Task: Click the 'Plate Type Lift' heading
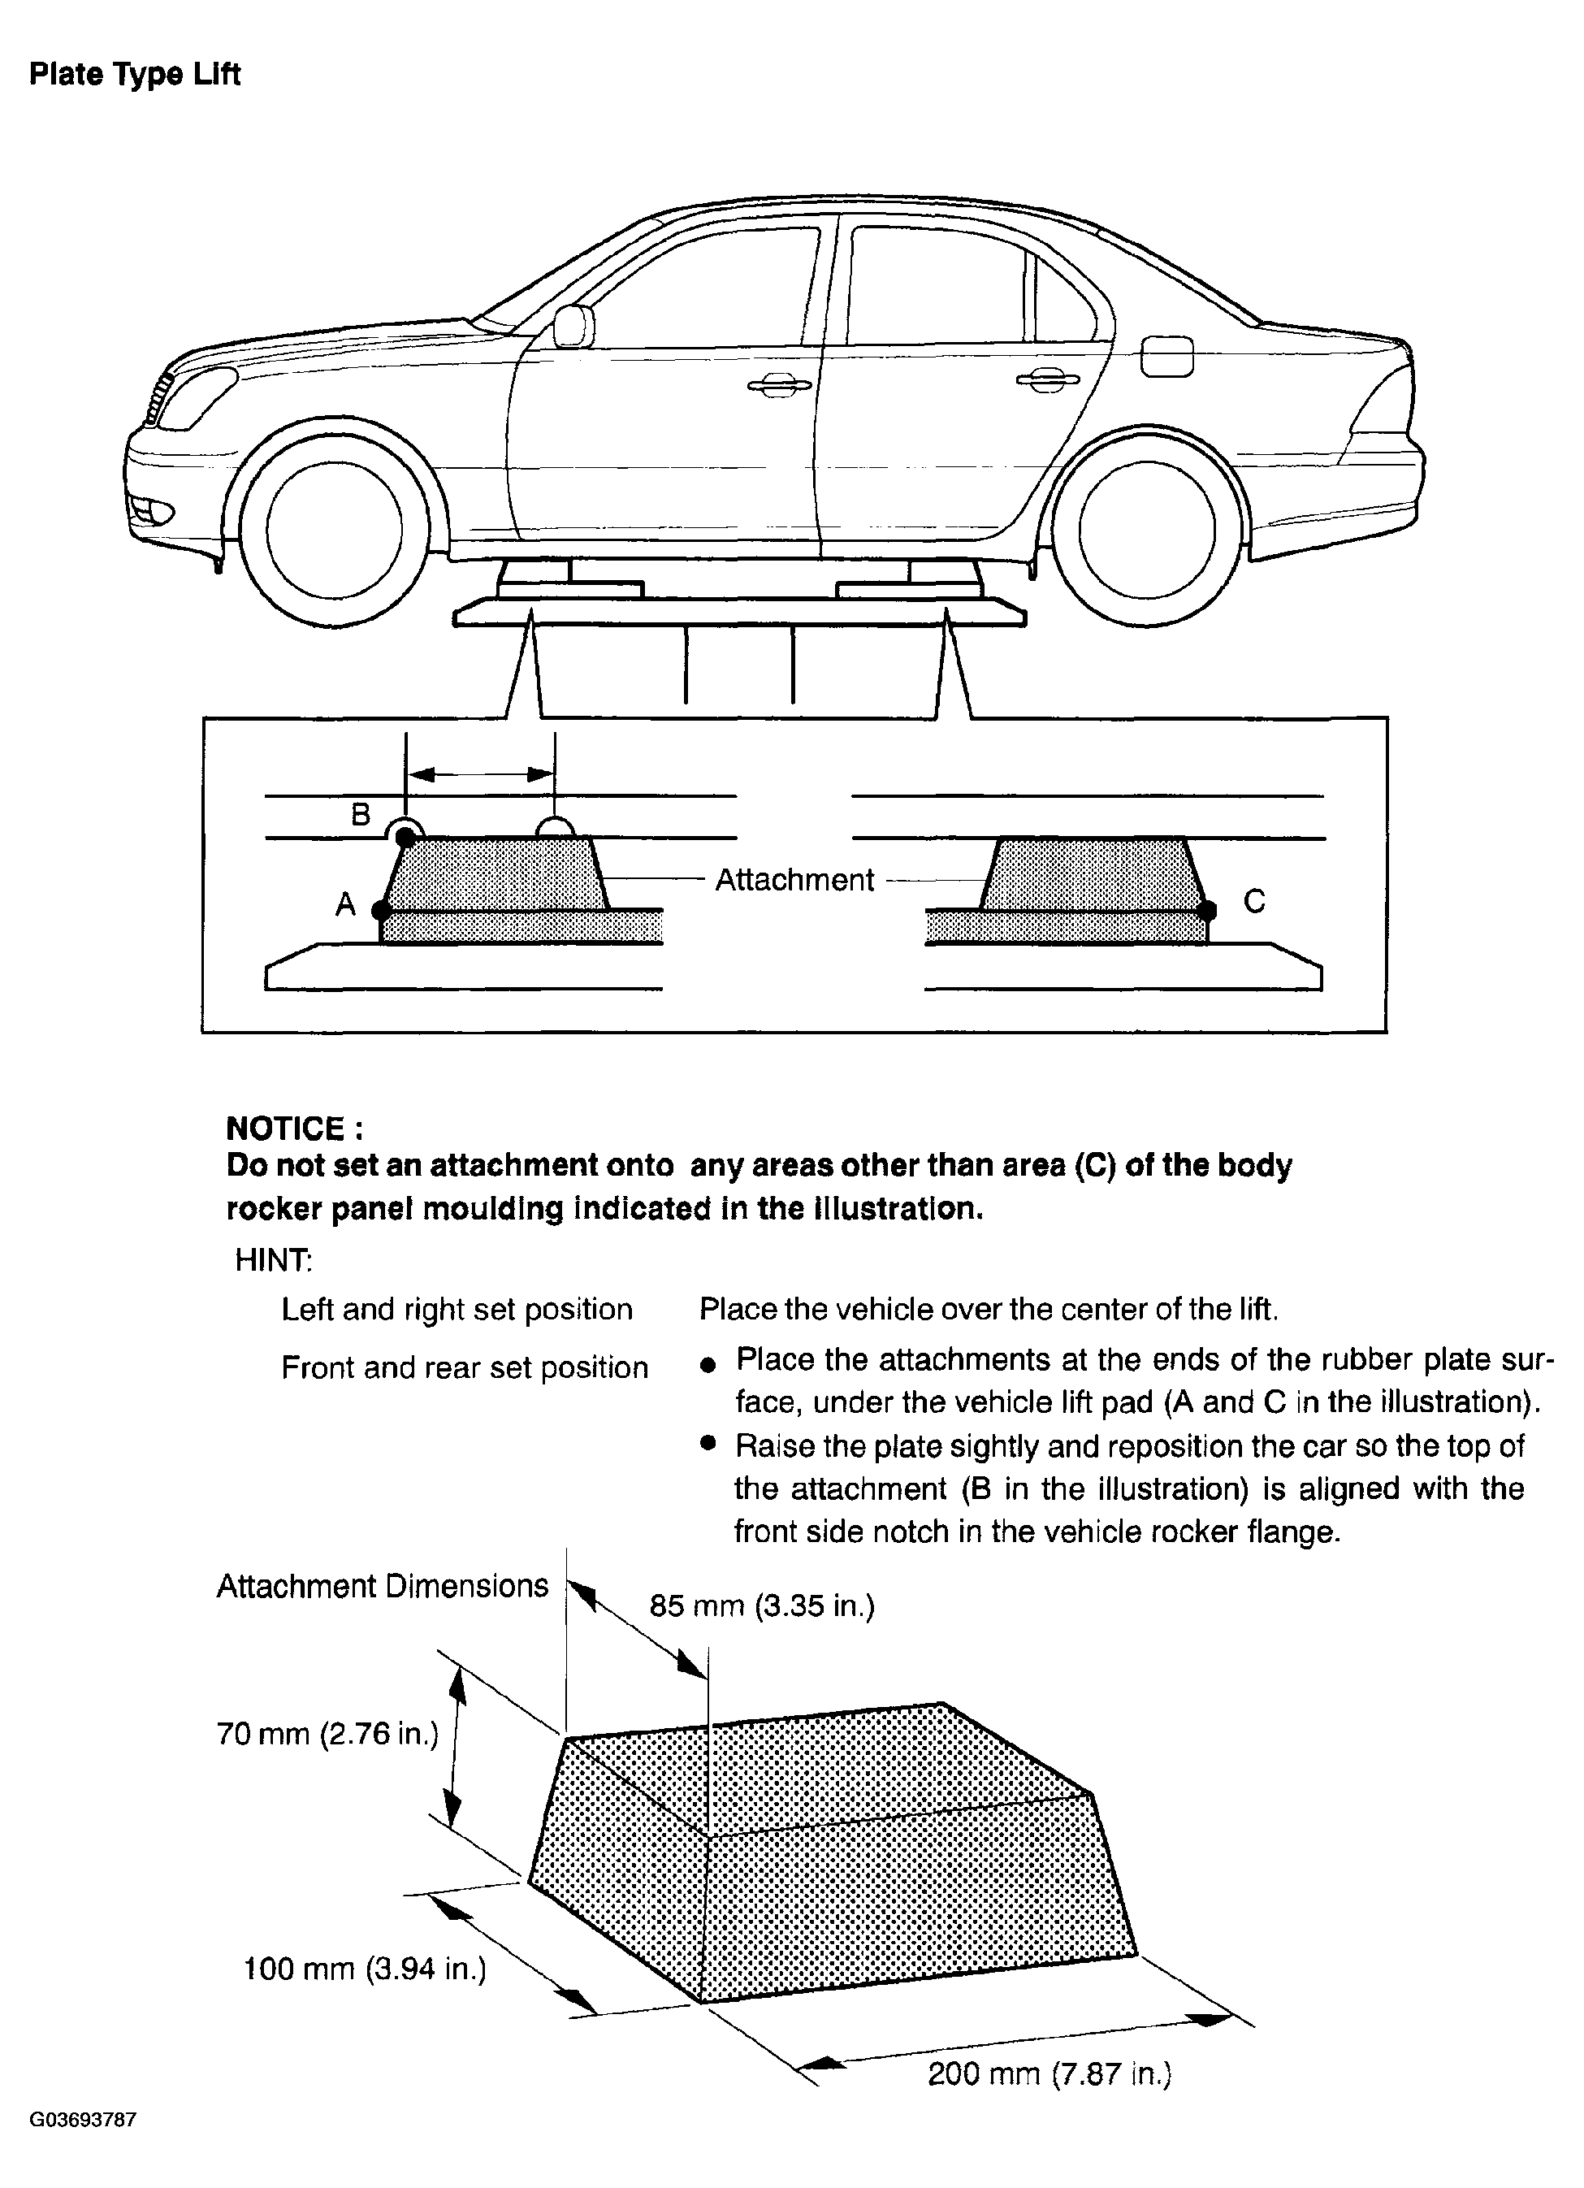point(134,74)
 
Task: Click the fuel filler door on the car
point(1166,357)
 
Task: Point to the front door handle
point(780,386)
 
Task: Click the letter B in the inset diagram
point(361,815)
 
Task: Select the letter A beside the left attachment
point(345,905)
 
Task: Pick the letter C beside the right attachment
point(1254,901)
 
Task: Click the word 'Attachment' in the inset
point(794,880)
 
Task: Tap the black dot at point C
point(1209,909)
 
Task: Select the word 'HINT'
point(273,1260)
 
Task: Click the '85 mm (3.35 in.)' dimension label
point(762,1605)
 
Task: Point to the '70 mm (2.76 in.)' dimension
point(328,1734)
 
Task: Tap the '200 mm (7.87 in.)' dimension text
point(1050,2073)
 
